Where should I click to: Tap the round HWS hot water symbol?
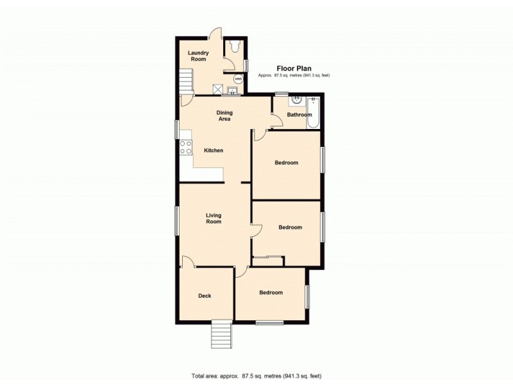pyautogui.click(x=239, y=79)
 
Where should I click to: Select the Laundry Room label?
pyautogui.click(x=198, y=56)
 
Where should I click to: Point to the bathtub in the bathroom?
pyautogui.click(x=314, y=113)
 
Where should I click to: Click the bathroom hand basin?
pyautogui.click(x=297, y=100)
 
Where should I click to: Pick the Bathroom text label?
pyautogui.click(x=299, y=115)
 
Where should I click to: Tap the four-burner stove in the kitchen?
pyautogui.click(x=185, y=147)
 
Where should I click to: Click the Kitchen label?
pyautogui.click(x=214, y=151)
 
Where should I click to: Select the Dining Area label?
pyautogui.click(x=224, y=116)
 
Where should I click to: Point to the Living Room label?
pyautogui.click(x=214, y=218)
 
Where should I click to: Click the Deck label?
pyautogui.click(x=205, y=296)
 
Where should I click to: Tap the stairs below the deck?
pyautogui.click(x=221, y=334)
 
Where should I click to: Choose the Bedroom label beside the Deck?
pyautogui.click(x=271, y=293)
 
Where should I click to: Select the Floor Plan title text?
pyautogui.click(x=294, y=67)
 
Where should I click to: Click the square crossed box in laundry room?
pyautogui.click(x=218, y=90)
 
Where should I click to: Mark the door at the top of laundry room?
pyautogui.click(x=214, y=33)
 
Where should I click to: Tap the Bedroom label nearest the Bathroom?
pyautogui.click(x=286, y=162)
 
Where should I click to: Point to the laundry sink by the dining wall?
pyautogui.click(x=232, y=90)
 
